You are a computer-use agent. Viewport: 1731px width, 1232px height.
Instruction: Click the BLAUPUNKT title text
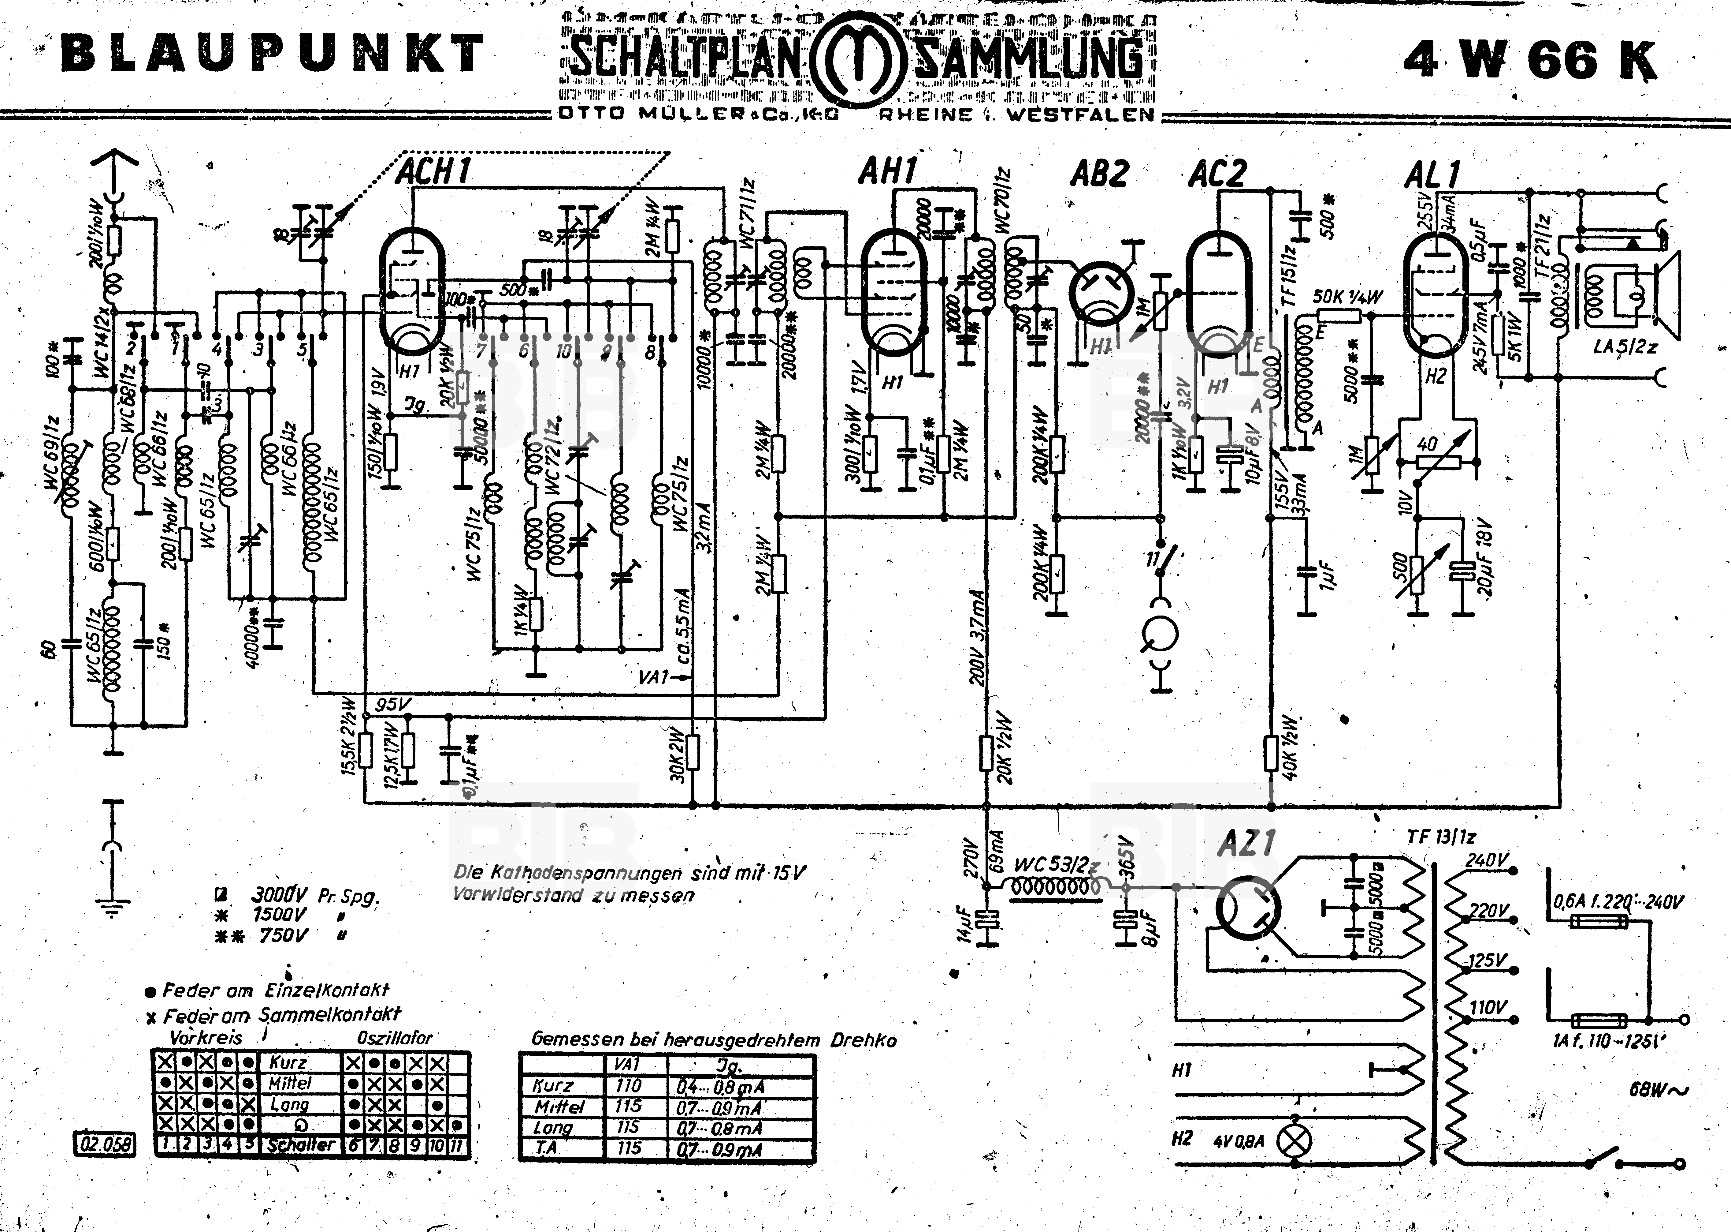click(271, 54)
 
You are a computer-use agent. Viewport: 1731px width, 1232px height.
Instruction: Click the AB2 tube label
click(1099, 174)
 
